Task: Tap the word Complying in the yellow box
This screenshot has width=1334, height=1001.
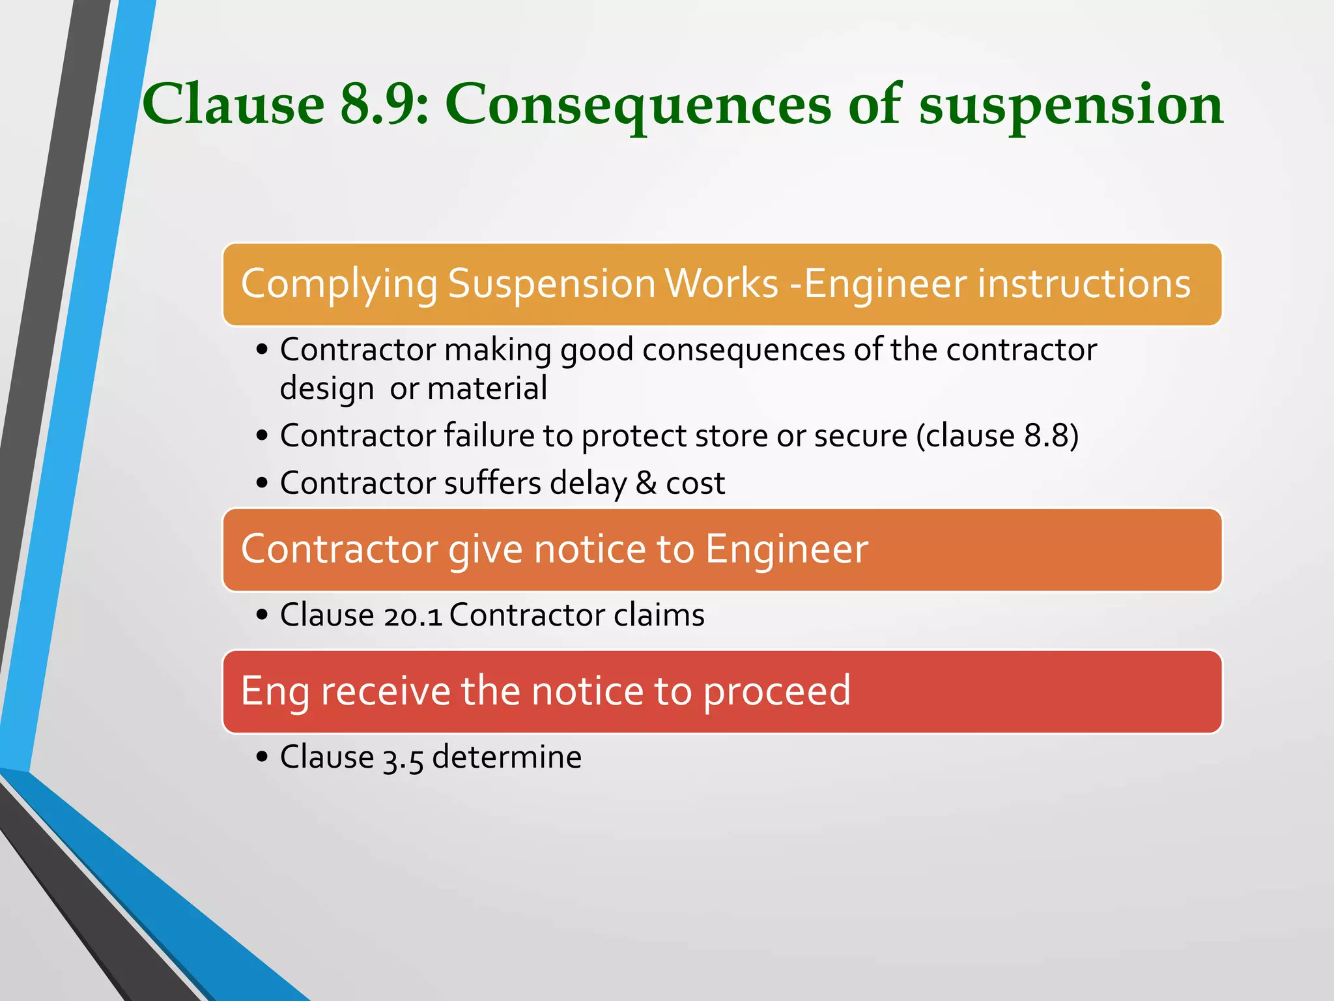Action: (x=339, y=284)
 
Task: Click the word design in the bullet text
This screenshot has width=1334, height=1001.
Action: (x=326, y=389)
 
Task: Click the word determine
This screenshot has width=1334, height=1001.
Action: (x=507, y=757)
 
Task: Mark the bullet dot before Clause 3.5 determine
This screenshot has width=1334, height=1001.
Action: (x=262, y=757)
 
